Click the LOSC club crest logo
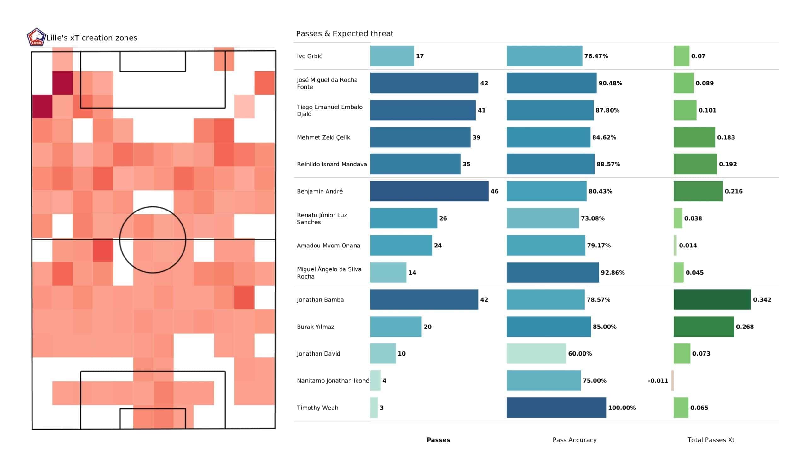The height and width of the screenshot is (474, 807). (x=36, y=37)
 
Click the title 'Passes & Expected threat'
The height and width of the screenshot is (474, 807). (x=344, y=34)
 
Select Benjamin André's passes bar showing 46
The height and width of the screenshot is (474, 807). (x=429, y=191)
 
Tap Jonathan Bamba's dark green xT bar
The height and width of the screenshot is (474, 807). (x=712, y=299)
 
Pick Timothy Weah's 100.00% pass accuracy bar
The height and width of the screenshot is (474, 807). (x=556, y=408)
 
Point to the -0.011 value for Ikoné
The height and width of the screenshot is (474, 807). (x=658, y=380)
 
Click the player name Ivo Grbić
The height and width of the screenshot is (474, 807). (x=309, y=56)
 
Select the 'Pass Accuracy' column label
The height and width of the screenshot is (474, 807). (x=574, y=440)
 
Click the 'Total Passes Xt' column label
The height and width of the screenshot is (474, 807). (x=711, y=440)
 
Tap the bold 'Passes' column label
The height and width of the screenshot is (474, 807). (x=438, y=440)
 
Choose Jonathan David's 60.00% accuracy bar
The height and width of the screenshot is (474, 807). (x=536, y=354)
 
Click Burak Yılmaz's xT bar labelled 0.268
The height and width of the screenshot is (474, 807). (x=704, y=327)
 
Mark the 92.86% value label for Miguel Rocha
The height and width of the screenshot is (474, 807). (x=612, y=273)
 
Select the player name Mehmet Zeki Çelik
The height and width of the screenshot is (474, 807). (x=323, y=137)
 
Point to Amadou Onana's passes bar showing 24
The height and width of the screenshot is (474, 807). (x=401, y=245)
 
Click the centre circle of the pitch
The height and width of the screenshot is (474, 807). (x=153, y=240)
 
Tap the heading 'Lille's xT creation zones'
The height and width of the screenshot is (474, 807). (x=92, y=38)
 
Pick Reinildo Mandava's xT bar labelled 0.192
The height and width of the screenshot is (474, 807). (x=695, y=164)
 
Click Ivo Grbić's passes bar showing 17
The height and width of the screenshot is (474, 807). (x=392, y=56)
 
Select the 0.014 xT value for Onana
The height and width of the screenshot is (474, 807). (x=688, y=245)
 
